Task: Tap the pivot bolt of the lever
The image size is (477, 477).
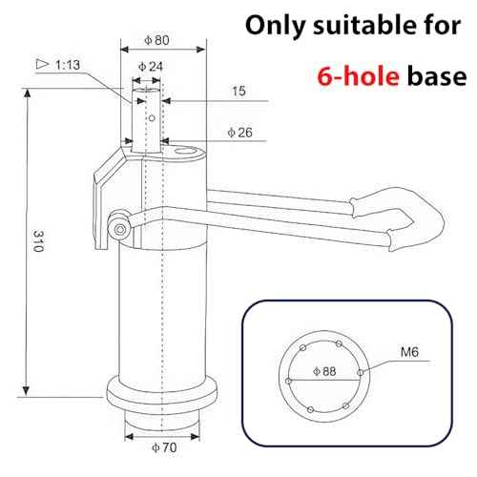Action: pyautogui.click(x=119, y=226)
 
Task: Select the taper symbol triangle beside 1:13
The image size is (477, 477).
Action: pyautogui.click(x=42, y=64)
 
